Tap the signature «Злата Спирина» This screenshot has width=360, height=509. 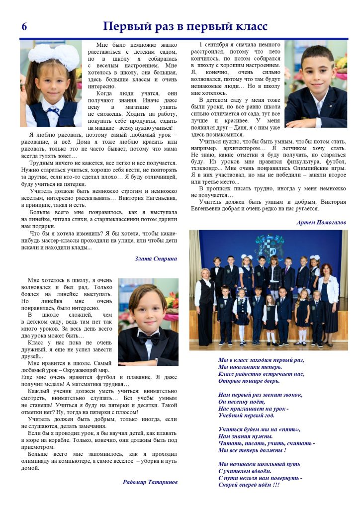pos(156,258)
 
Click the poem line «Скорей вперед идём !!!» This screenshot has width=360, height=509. pos(249,485)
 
